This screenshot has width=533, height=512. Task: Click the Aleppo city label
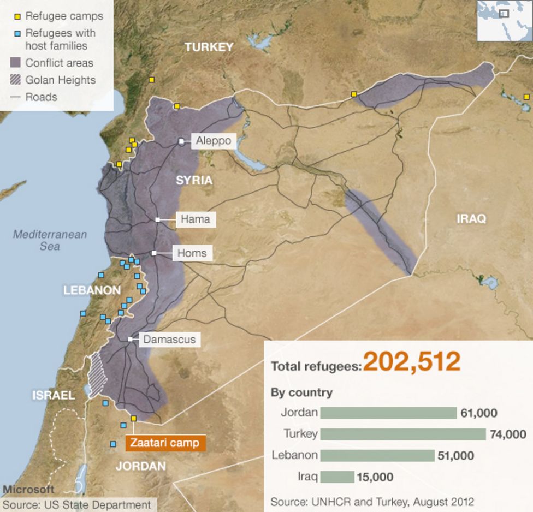(x=214, y=141)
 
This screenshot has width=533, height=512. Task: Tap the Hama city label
(x=195, y=219)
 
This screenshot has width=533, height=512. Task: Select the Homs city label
(x=192, y=253)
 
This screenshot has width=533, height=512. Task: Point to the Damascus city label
(x=169, y=340)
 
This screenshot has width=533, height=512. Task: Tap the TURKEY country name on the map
(x=209, y=47)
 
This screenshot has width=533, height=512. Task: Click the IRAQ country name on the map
(x=471, y=219)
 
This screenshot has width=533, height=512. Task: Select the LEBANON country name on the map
(x=92, y=290)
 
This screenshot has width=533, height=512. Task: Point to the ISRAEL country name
(x=53, y=395)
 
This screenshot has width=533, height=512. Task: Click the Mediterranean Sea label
(x=50, y=240)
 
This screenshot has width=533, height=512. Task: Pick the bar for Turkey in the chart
(x=402, y=434)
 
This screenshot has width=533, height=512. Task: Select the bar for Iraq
(x=337, y=477)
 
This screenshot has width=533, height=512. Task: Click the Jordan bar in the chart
(x=388, y=413)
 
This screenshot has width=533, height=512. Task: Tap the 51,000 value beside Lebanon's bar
(x=455, y=455)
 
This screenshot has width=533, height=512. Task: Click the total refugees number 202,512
(x=412, y=362)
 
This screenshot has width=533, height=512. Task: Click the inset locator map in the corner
(x=504, y=20)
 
